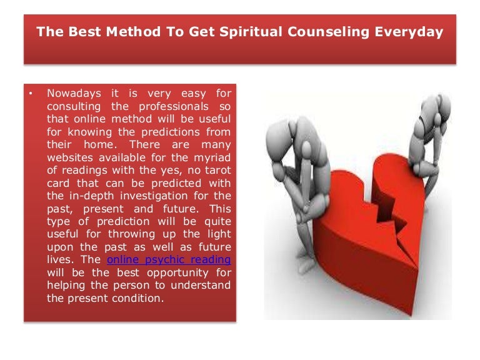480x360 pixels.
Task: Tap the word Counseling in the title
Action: [x=329, y=32]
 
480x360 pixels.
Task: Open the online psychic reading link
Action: [x=169, y=260]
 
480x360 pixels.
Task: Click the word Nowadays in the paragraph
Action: [x=74, y=93]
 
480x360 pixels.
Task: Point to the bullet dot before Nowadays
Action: [x=31, y=93]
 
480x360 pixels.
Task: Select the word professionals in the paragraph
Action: [x=174, y=107]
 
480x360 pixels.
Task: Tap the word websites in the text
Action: [x=70, y=157]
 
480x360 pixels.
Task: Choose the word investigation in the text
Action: [x=154, y=196]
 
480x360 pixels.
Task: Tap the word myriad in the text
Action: [x=212, y=158]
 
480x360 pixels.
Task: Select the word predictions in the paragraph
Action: [x=170, y=132]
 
